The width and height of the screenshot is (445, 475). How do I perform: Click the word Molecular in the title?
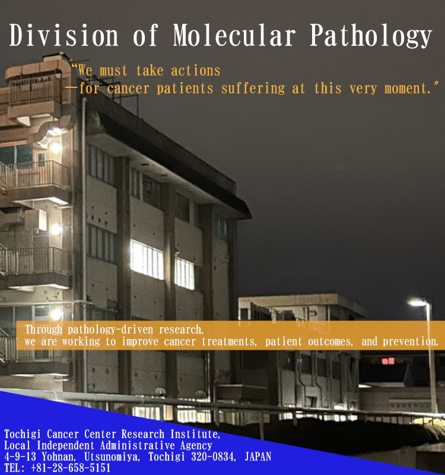[x=234, y=36]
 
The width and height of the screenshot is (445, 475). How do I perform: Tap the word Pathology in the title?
[x=371, y=36]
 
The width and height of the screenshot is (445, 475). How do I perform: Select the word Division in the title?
[x=63, y=36]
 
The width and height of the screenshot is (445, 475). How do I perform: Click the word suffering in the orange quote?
[x=253, y=88]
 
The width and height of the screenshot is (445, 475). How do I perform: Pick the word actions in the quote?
[x=196, y=71]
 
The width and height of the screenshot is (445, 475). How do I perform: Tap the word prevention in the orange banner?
[x=410, y=342]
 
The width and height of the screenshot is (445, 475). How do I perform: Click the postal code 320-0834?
[x=213, y=457]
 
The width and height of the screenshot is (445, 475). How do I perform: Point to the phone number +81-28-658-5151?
[x=71, y=468]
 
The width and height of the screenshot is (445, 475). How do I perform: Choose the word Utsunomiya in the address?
[x=111, y=457]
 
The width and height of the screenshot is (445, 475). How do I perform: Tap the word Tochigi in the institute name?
[x=22, y=434]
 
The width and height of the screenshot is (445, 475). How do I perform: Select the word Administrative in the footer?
[x=137, y=445]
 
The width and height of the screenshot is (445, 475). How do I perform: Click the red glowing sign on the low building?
[x=388, y=361]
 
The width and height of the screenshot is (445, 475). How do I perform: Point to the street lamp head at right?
[x=417, y=302]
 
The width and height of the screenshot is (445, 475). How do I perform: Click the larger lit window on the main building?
[x=147, y=259]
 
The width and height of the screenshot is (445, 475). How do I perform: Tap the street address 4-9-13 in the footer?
[x=20, y=457]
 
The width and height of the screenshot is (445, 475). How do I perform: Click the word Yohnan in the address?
[x=58, y=457]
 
